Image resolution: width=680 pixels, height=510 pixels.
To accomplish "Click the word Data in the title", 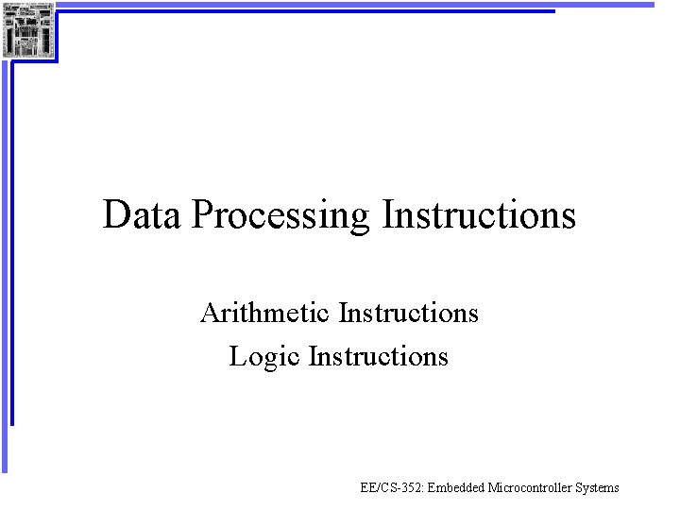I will [x=143, y=214].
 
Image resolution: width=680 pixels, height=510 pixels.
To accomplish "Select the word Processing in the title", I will [x=281, y=216].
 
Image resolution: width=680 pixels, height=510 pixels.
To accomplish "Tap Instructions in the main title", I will [x=479, y=214].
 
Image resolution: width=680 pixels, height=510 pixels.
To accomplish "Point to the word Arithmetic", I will [x=265, y=312].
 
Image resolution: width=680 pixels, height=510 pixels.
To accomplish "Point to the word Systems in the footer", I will [x=598, y=488].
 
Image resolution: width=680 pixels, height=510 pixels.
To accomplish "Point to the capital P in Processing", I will [x=201, y=214].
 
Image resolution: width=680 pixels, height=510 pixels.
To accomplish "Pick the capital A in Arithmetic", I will [x=210, y=312].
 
